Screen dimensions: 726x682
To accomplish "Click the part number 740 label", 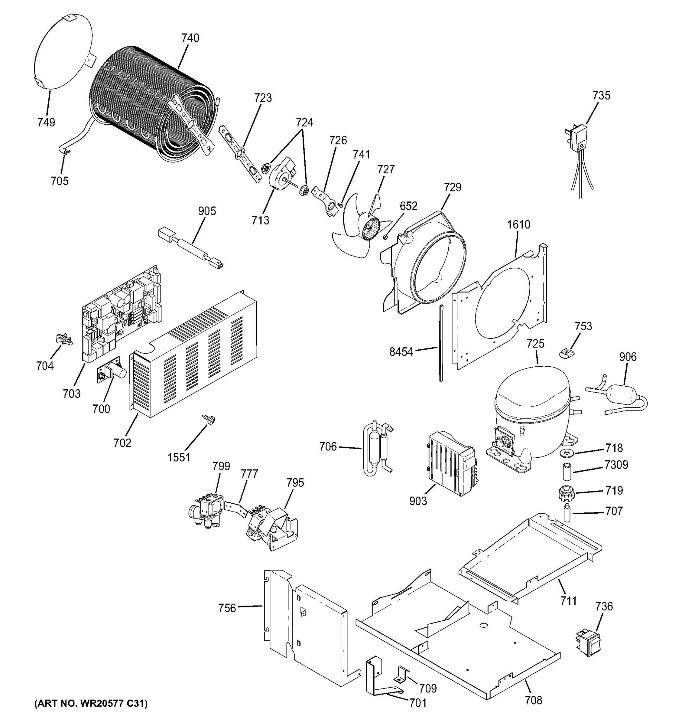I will (x=190, y=38).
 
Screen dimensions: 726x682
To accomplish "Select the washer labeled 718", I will (x=567, y=453).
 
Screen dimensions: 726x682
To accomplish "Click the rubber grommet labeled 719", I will (x=566, y=494).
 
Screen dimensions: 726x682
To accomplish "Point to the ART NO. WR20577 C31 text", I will (x=91, y=703).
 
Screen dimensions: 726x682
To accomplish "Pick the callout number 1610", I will (x=518, y=224).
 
